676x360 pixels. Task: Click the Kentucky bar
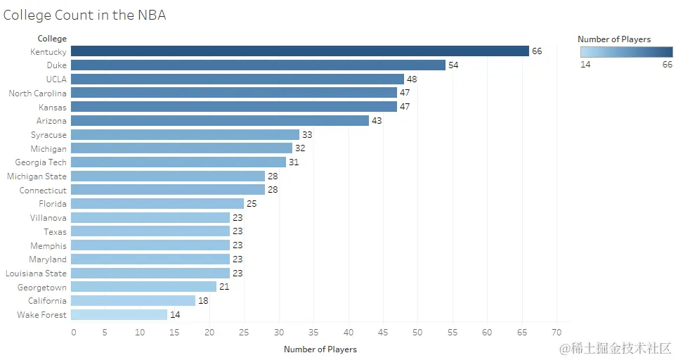click(x=299, y=51)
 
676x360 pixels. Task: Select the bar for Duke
click(x=258, y=65)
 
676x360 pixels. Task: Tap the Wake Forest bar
click(x=119, y=315)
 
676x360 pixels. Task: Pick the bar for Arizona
click(x=219, y=121)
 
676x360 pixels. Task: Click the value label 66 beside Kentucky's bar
click(x=537, y=51)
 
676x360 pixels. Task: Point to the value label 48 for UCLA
click(x=412, y=79)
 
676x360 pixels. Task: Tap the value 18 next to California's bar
click(x=203, y=301)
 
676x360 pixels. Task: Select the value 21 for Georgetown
click(x=224, y=287)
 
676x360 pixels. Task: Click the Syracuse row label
click(x=48, y=135)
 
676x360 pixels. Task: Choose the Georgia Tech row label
click(x=41, y=162)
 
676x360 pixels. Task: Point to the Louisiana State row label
click(x=36, y=274)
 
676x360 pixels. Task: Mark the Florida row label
click(x=53, y=204)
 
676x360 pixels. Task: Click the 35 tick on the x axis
click(x=313, y=332)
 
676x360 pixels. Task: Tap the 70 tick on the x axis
click(x=557, y=332)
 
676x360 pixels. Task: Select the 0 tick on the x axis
click(x=74, y=332)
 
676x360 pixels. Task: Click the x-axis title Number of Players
click(x=320, y=349)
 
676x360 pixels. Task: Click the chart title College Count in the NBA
click(x=84, y=15)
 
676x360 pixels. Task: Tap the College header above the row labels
click(x=52, y=39)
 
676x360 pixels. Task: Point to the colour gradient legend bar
click(x=626, y=52)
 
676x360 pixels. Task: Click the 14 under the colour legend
click(x=585, y=65)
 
